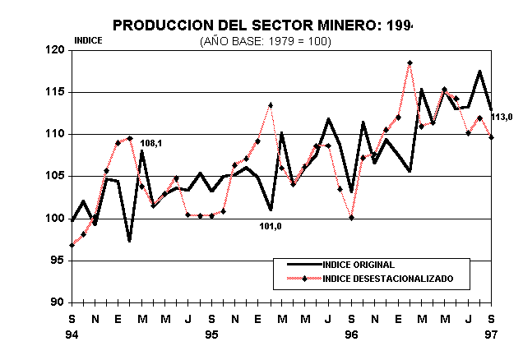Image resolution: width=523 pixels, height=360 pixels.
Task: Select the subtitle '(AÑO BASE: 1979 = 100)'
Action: click(x=265, y=41)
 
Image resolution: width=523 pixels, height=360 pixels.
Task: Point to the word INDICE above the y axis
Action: click(x=88, y=40)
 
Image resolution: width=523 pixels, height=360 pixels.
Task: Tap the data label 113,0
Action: click(x=502, y=118)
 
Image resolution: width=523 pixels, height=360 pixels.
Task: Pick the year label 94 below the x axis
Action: click(x=72, y=335)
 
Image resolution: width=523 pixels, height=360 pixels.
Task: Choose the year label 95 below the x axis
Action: click(x=212, y=335)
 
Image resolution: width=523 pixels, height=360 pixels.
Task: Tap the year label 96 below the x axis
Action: click(x=352, y=335)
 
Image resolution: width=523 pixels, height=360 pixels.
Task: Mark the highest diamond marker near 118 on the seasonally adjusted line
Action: click(x=410, y=62)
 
